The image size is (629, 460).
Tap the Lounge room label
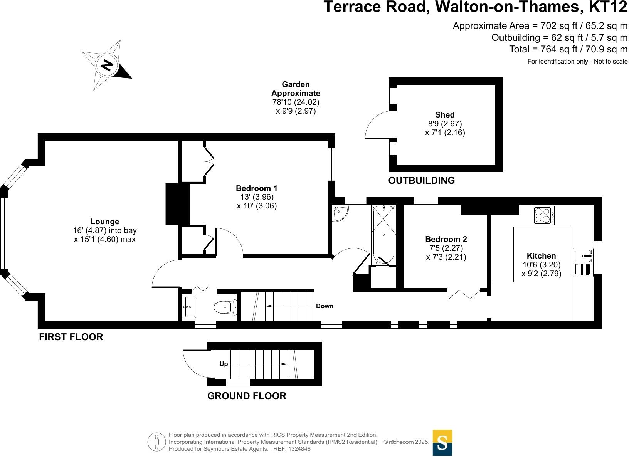[105, 222]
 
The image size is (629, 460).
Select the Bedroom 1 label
[256, 188]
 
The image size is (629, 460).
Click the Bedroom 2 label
[446, 239]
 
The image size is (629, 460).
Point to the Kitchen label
[541, 256]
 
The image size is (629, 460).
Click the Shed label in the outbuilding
[445, 115]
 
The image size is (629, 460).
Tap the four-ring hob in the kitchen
[543, 215]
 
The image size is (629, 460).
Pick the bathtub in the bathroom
[383, 234]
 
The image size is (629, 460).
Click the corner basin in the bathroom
[340, 213]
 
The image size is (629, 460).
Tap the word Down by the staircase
[325, 306]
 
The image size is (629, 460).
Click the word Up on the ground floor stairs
[224, 364]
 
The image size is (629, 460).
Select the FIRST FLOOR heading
[71, 337]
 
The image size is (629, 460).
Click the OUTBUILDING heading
[421, 180]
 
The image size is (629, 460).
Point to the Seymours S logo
[442, 443]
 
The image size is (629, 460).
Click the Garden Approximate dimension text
[296, 97]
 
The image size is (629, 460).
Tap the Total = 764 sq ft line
[568, 49]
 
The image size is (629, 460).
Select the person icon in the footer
[156, 442]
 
